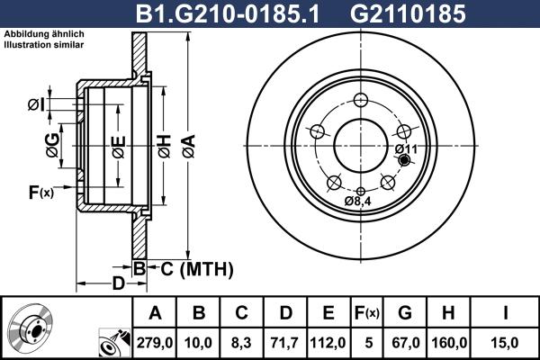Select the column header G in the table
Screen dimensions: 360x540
(x=405, y=313)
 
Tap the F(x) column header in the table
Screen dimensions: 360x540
(x=365, y=313)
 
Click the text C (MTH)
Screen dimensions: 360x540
(x=192, y=268)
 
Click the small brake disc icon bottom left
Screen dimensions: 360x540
(x=31, y=329)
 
